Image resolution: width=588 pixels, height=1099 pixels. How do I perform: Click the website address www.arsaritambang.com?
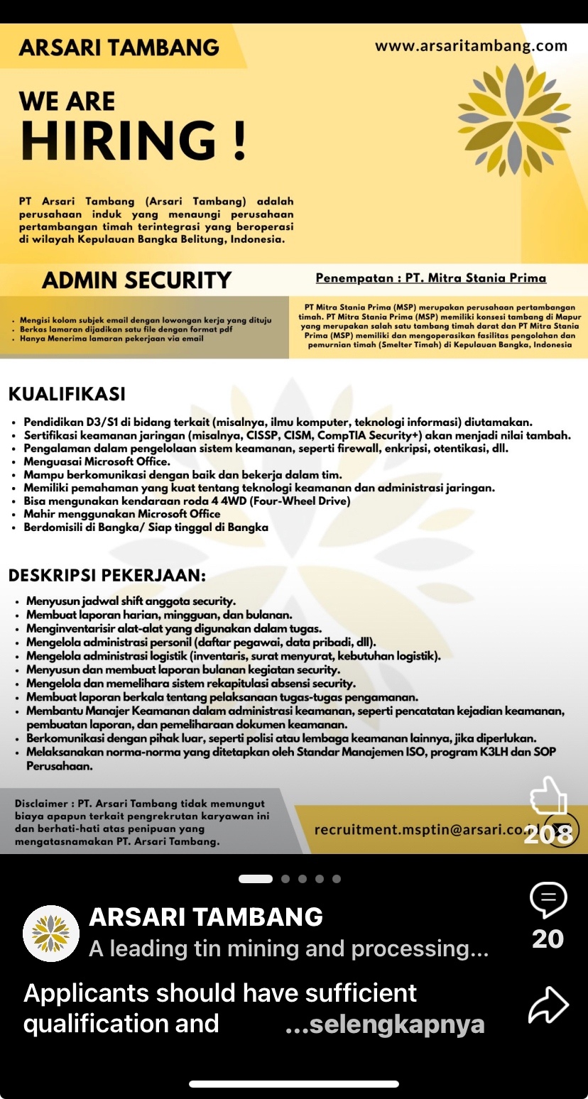[471, 46]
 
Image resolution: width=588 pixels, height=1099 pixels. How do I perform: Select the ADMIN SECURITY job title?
[137, 280]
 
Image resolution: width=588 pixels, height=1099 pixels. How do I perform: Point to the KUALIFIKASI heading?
[67, 394]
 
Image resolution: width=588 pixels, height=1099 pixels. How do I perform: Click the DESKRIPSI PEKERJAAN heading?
[107, 574]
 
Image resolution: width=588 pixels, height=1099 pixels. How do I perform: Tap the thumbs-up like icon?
[548, 795]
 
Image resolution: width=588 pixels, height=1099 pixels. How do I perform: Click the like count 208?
[548, 834]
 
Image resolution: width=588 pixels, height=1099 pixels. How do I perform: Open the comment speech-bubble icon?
[548, 900]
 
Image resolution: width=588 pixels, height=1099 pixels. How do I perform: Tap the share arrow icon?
[548, 1005]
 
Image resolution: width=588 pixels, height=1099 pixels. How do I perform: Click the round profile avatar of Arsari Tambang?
[51, 934]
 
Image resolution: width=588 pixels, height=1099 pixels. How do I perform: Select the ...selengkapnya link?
[385, 1024]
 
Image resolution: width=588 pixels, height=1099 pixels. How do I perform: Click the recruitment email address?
[419, 829]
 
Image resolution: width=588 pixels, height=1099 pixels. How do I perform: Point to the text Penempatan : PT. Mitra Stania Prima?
[431, 278]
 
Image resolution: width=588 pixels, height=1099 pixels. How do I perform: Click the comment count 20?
[548, 939]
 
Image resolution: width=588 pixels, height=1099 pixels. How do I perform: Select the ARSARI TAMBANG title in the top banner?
[119, 48]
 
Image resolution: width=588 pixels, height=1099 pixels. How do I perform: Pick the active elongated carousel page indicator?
[256, 879]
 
